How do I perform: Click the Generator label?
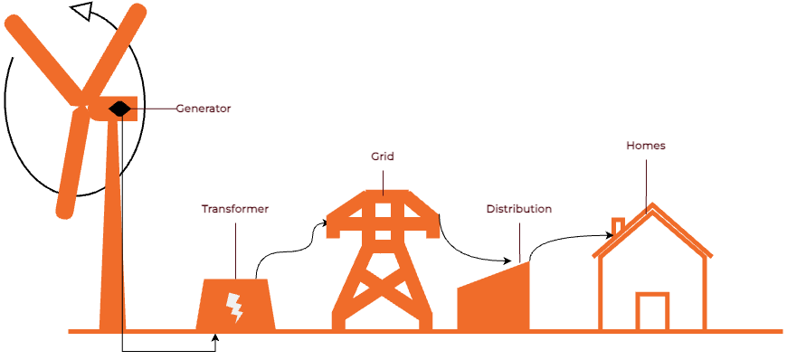click(x=204, y=109)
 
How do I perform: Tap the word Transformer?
click(x=234, y=209)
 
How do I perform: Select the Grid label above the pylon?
click(x=383, y=156)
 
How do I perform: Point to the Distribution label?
click(x=518, y=209)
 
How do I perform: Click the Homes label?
click(x=646, y=146)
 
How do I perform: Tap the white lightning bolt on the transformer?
click(x=234, y=308)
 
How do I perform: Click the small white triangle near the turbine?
click(x=82, y=10)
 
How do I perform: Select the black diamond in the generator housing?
click(x=119, y=109)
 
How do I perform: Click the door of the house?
click(x=652, y=312)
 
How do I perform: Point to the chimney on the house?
click(x=618, y=226)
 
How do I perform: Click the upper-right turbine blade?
click(x=118, y=45)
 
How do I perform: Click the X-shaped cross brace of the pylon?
click(x=383, y=290)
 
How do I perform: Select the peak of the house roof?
click(x=650, y=208)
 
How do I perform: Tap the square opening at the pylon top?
click(x=384, y=210)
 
